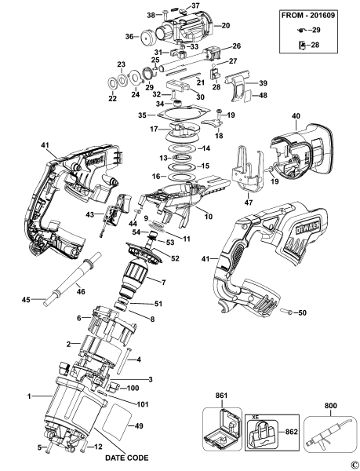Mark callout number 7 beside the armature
tap(163, 281)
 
